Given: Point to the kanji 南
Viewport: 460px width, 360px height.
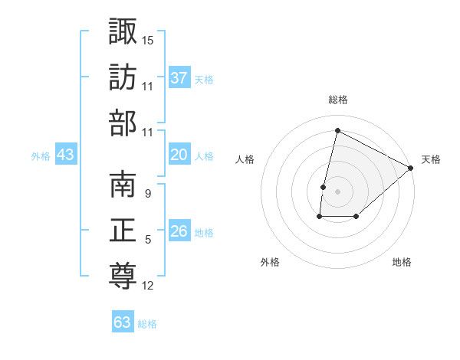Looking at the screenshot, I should click(x=123, y=185).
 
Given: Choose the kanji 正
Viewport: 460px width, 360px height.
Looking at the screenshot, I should click(x=123, y=231).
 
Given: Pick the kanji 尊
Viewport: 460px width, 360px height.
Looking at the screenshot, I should click(x=123, y=276).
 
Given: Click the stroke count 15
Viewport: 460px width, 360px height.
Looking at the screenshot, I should click(x=148, y=39).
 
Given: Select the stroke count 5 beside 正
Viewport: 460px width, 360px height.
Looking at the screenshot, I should click(x=147, y=240).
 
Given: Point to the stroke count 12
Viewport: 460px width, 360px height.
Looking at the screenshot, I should click(x=148, y=286).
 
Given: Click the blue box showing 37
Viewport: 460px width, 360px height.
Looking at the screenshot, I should click(x=179, y=77).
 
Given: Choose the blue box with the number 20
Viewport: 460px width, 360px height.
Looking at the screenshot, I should click(x=179, y=155).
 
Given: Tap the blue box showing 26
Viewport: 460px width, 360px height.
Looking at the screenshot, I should click(x=179, y=231).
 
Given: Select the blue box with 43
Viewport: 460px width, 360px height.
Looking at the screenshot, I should click(x=66, y=155).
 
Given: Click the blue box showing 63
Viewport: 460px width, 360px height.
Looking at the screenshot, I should click(x=122, y=322).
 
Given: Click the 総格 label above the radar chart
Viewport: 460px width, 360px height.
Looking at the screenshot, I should click(x=338, y=100).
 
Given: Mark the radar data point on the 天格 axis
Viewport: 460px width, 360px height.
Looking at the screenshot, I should click(x=411, y=168).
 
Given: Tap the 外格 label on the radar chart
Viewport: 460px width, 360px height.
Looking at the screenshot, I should click(x=270, y=262).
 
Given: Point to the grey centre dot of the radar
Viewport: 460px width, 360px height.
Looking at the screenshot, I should click(x=337, y=191).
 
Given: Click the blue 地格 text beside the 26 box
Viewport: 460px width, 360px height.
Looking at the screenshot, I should click(x=204, y=232).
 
